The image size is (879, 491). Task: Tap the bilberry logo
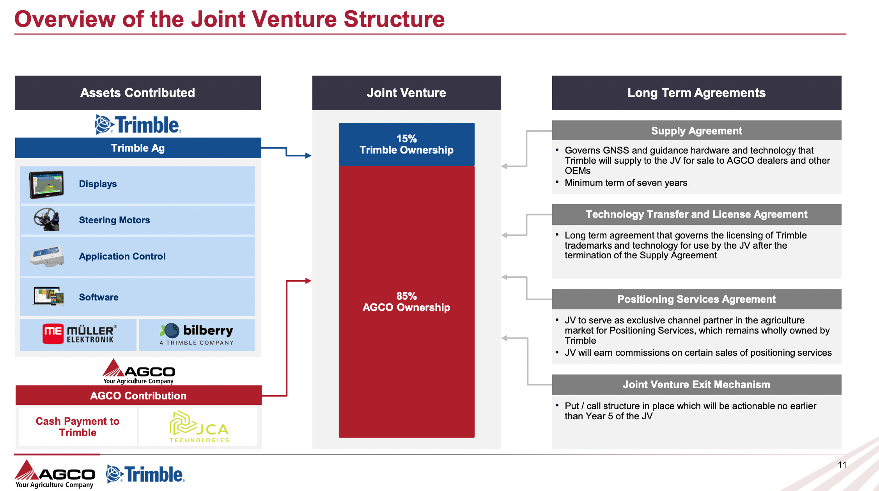pyautogui.click(x=197, y=334)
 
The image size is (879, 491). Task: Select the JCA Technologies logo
pyautogui.click(x=199, y=427)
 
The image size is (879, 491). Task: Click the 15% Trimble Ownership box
pyautogui.click(x=406, y=145)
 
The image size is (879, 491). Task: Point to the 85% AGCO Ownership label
pyautogui.click(x=406, y=302)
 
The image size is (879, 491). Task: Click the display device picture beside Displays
pyautogui.click(x=46, y=185)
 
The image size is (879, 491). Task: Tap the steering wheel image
pyautogui.click(x=46, y=219)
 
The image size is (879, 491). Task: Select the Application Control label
pyautogui.click(x=122, y=256)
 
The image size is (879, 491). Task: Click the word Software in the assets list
pyautogui.click(x=99, y=297)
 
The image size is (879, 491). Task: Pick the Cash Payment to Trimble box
pyautogui.click(x=78, y=427)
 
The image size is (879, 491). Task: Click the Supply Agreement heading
pyautogui.click(x=696, y=131)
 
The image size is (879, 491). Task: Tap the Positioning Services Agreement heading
pyautogui.click(x=696, y=299)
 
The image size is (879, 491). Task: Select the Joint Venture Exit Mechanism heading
pyautogui.click(x=696, y=385)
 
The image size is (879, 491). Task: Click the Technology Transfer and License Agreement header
pyautogui.click(x=696, y=214)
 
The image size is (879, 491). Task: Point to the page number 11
pyautogui.click(x=842, y=465)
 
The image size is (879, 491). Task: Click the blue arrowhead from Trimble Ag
pyautogui.click(x=308, y=156)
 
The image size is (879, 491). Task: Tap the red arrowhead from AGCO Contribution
pyautogui.click(x=308, y=281)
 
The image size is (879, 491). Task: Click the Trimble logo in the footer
pyautogui.click(x=145, y=474)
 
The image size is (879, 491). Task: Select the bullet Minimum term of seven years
pyautogui.click(x=626, y=183)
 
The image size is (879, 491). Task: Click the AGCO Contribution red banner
pyautogui.click(x=138, y=396)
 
